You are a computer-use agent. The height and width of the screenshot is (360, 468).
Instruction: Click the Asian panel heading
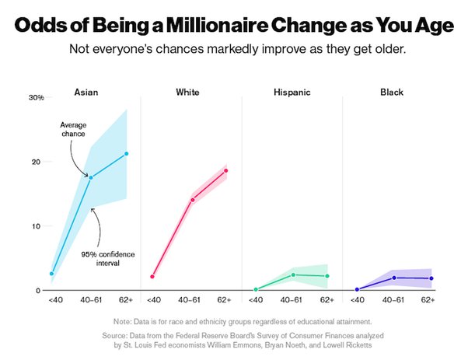(86, 92)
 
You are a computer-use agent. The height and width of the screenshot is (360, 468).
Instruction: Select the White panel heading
(187, 92)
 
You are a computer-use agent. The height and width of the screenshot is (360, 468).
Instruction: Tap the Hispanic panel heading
(292, 92)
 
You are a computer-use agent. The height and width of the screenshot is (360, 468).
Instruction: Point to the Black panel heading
(392, 92)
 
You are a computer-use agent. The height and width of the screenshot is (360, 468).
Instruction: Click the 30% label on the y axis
(36, 98)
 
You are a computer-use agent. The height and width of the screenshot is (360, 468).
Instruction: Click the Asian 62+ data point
(126, 153)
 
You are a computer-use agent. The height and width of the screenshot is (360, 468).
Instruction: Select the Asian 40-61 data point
(91, 177)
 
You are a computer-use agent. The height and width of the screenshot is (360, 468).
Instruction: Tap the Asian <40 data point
(52, 274)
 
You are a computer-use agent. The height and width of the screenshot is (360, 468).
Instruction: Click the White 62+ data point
(226, 170)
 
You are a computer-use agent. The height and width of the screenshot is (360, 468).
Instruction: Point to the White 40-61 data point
(192, 200)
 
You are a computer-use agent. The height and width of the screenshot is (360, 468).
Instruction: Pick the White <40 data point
(152, 276)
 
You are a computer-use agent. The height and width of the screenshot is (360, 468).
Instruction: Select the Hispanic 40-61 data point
(293, 274)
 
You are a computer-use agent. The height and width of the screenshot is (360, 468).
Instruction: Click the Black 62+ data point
(431, 278)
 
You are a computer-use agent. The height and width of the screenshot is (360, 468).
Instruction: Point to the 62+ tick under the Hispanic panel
(327, 299)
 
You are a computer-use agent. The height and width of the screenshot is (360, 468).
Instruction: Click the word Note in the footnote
(123, 321)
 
